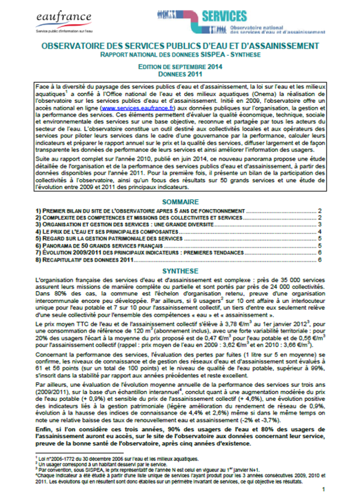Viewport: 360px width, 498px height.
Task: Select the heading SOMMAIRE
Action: pyautogui.click(x=179, y=200)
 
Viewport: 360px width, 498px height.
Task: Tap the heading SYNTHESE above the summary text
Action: pyautogui.click(x=179, y=272)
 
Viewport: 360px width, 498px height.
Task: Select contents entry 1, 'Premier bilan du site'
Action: pyautogui.click(x=103, y=209)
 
